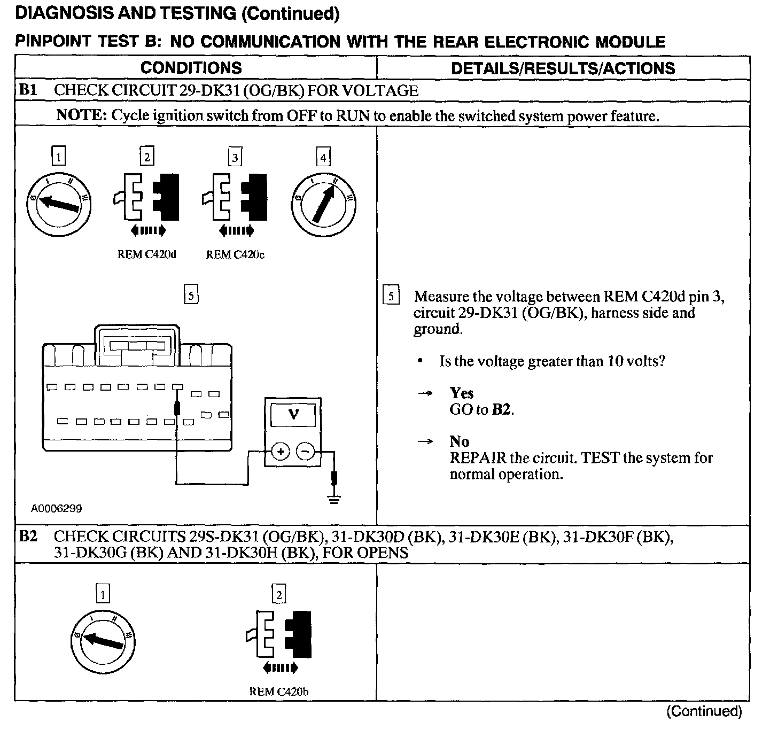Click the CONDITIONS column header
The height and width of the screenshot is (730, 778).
pos(191,68)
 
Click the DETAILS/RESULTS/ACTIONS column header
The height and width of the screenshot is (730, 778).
pos(563,68)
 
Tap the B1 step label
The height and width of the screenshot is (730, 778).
pos(28,90)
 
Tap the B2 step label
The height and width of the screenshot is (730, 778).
pos(28,536)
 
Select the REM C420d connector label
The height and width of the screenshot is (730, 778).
pos(146,255)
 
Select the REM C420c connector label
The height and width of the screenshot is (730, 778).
pos(235,255)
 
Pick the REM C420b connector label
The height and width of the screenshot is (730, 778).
pos(279,692)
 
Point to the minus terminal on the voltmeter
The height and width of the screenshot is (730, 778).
pos(306,452)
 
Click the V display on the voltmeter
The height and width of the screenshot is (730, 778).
pos(293,414)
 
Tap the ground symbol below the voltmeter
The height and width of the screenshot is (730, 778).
pos(334,500)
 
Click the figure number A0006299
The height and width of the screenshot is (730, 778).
pos(56,509)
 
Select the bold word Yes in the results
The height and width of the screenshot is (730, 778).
pos(462,393)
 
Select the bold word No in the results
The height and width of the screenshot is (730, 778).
pos(459,441)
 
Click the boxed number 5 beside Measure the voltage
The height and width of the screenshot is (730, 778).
pos(391,296)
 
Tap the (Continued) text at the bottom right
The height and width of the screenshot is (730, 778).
pos(704,711)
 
